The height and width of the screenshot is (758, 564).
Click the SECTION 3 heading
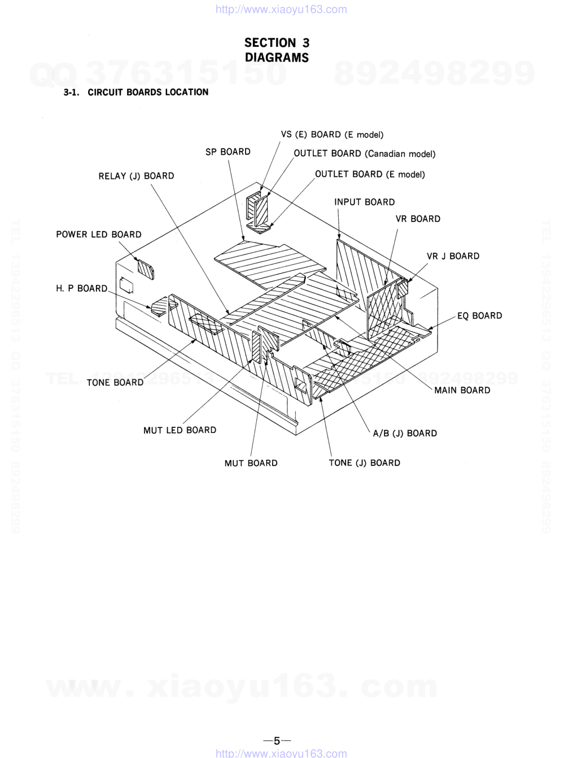point(277,43)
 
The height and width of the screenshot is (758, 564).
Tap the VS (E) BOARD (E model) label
point(332,135)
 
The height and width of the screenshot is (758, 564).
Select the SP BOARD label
point(228,151)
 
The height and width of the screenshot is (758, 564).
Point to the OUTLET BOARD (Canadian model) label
point(364,154)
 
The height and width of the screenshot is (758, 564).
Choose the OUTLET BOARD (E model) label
point(370,174)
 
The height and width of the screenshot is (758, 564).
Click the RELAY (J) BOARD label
point(136,176)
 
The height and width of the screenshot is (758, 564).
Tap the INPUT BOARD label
point(364,202)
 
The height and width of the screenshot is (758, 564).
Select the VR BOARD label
point(418,219)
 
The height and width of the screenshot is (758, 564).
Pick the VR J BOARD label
point(453,256)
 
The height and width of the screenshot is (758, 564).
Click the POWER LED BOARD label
point(98,235)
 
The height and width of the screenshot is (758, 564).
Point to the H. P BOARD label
point(81,288)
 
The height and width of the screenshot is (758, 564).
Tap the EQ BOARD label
point(479,316)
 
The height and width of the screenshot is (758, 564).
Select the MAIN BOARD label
point(462,390)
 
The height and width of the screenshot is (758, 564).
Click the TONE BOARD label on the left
point(115,383)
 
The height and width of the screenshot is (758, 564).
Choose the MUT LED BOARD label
point(180,430)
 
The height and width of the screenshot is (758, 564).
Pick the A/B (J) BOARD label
point(405,434)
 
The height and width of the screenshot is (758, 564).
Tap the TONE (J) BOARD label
point(364,463)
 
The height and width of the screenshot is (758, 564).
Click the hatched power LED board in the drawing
point(146,270)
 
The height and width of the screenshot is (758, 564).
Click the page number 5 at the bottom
point(277,741)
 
